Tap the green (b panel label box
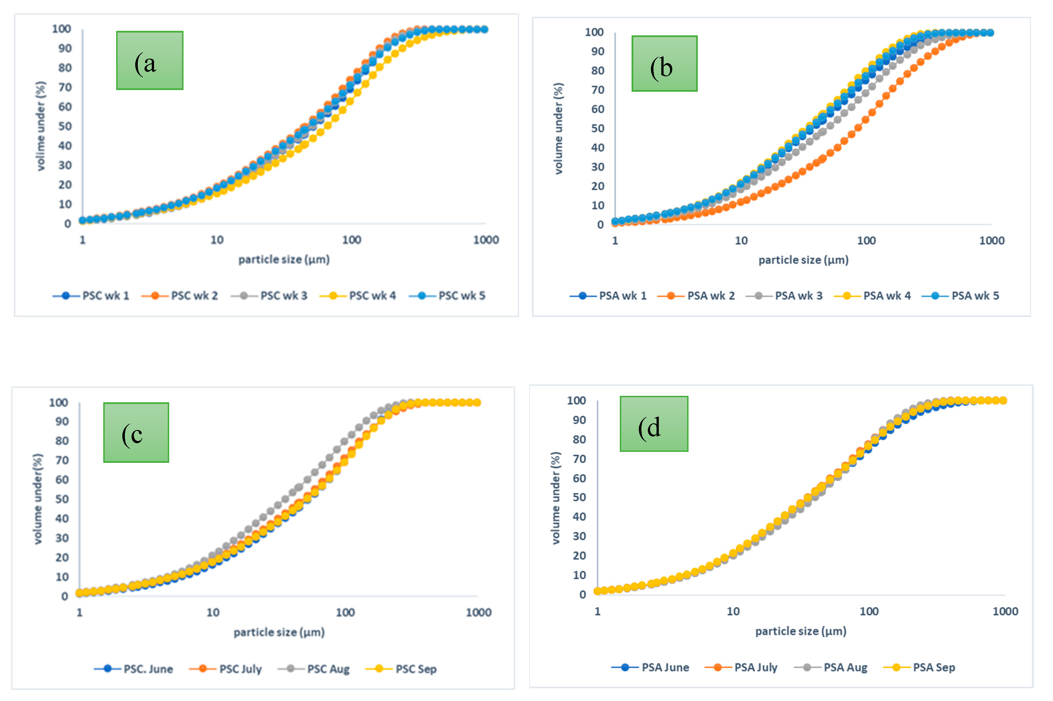664,63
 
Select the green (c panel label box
136,432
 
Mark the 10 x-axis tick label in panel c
212,612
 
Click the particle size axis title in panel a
284,259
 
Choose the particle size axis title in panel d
800,631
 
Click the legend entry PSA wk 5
975,295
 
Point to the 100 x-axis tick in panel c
345,612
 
